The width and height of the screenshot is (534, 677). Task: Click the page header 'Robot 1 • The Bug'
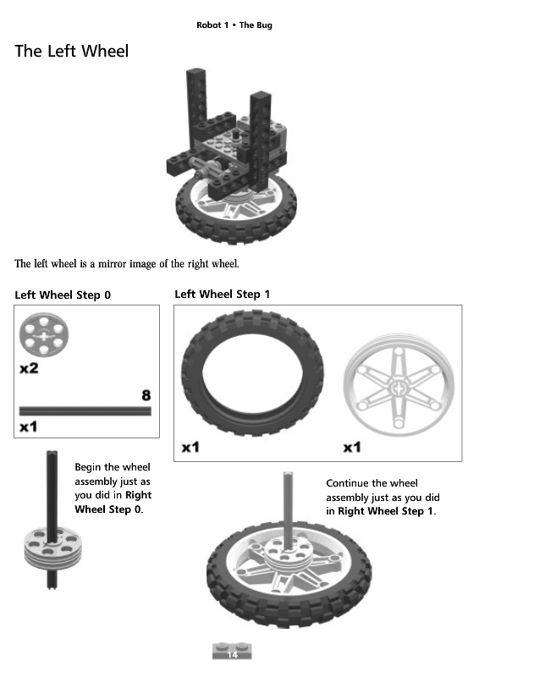(x=234, y=25)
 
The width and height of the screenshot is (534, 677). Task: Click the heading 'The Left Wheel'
(x=72, y=52)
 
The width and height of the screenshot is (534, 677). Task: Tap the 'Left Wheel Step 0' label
(x=63, y=295)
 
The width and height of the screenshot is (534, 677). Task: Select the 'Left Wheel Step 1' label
(x=222, y=294)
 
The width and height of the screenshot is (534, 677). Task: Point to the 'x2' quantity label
(x=29, y=369)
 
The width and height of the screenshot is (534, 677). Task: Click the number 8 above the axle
(x=146, y=395)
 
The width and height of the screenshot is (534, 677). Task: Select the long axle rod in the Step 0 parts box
(x=85, y=410)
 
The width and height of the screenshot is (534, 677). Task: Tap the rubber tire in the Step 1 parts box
(x=252, y=376)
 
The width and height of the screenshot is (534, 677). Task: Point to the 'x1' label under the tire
(x=190, y=447)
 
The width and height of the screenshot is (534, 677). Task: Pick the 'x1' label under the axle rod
(x=29, y=426)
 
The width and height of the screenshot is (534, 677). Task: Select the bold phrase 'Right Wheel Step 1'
(x=386, y=512)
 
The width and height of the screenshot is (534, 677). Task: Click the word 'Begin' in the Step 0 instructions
(x=89, y=467)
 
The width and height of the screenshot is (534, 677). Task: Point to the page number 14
(x=233, y=654)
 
